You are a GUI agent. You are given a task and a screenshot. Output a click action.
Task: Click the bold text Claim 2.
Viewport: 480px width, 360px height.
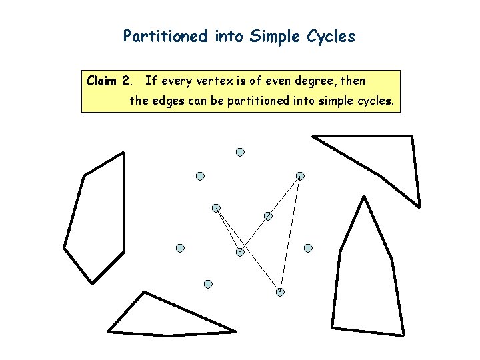(x=110, y=81)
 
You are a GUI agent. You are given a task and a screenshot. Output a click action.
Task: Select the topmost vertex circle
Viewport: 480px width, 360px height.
(x=240, y=152)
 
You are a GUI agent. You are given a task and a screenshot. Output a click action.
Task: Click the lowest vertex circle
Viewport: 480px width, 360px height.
(x=280, y=292)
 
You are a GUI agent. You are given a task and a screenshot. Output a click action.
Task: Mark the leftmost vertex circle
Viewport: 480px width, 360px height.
(x=180, y=248)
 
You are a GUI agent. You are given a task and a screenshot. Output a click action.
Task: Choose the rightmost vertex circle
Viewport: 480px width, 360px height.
(x=308, y=248)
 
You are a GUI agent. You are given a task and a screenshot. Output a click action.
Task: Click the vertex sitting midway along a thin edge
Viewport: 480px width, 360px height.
(x=268, y=216)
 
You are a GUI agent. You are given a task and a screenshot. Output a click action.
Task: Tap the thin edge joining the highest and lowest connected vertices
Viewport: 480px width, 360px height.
(x=290, y=233)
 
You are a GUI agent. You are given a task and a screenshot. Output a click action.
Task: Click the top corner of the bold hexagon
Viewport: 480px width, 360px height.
(x=123, y=153)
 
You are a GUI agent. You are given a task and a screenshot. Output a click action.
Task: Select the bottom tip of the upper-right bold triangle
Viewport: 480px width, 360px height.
(x=419, y=206)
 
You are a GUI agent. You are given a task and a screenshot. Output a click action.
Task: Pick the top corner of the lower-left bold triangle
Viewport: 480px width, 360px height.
(x=143, y=292)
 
